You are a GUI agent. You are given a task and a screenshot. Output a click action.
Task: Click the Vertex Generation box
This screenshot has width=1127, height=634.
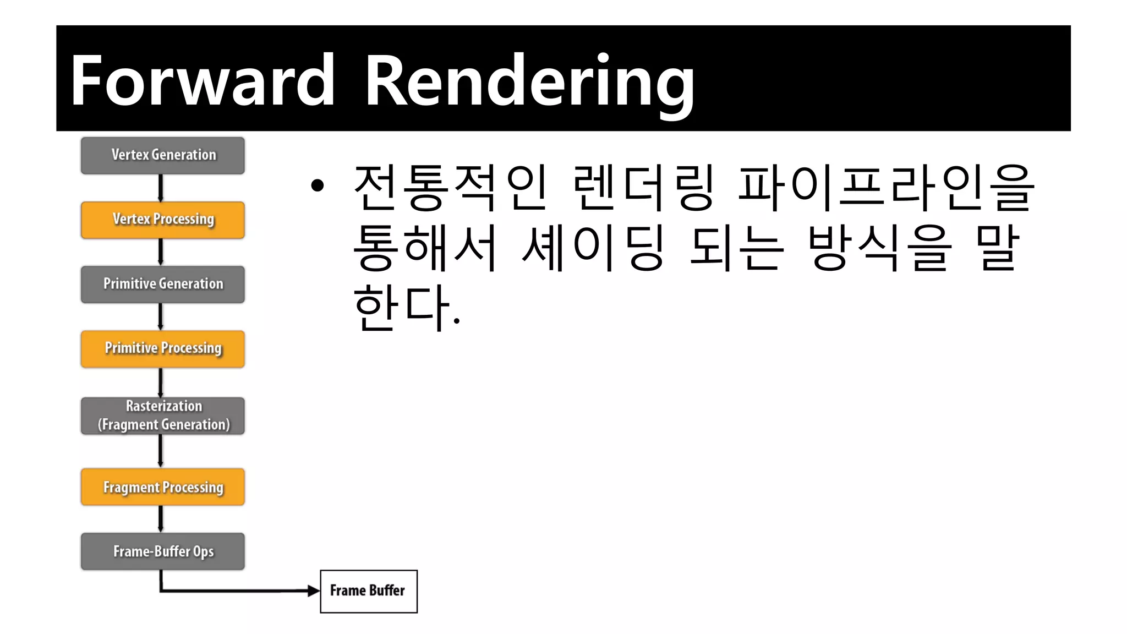tap(163, 156)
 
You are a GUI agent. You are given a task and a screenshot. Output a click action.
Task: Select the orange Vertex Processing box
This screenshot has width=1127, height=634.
tap(163, 220)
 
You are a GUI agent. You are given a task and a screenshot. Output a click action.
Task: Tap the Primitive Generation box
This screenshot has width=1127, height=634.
tap(163, 285)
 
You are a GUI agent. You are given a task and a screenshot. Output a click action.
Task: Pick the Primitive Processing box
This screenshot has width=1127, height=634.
tap(163, 349)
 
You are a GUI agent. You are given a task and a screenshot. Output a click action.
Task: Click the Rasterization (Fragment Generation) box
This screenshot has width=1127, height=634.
tap(163, 416)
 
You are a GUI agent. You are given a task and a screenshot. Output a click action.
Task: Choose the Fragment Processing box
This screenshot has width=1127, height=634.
tap(163, 487)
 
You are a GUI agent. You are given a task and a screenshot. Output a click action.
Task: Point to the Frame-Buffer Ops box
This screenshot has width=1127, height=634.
tap(163, 551)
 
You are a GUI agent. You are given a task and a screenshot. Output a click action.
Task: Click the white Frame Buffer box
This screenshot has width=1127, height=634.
tap(369, 591)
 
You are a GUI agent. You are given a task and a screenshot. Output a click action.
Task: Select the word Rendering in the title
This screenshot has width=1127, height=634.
tap(529, 83)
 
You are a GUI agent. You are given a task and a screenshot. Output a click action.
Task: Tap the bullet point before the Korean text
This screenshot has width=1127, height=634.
tap(318, 186)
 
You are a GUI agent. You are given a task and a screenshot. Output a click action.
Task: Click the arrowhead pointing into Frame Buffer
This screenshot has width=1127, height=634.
tap(313, 591)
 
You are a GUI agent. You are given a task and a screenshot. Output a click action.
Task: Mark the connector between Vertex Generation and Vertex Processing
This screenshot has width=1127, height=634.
tap(161, 188)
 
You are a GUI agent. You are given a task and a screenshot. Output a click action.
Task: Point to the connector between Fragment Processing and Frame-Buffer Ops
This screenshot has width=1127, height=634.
tap(161, 519)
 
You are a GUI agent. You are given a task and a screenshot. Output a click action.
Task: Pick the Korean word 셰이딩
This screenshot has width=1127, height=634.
tap(593, 248)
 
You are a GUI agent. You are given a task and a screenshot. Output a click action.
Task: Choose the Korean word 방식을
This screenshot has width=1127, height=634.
tap(879, 248)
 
